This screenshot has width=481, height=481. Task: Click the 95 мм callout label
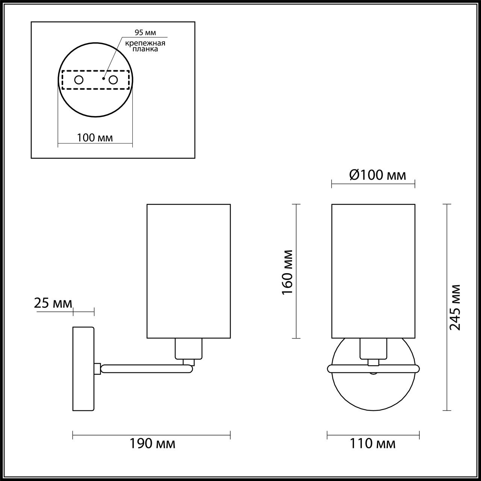coord(145,32)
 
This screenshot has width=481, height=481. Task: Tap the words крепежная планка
coord(145,46)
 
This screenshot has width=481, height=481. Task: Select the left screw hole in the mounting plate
coord(79,80)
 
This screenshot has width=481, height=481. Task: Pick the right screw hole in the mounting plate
coord(113,80)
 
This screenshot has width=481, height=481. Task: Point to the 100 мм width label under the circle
coord(95,138)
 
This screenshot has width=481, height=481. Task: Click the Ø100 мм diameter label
coord(378,175)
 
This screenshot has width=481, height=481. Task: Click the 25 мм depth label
coord(53,303)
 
